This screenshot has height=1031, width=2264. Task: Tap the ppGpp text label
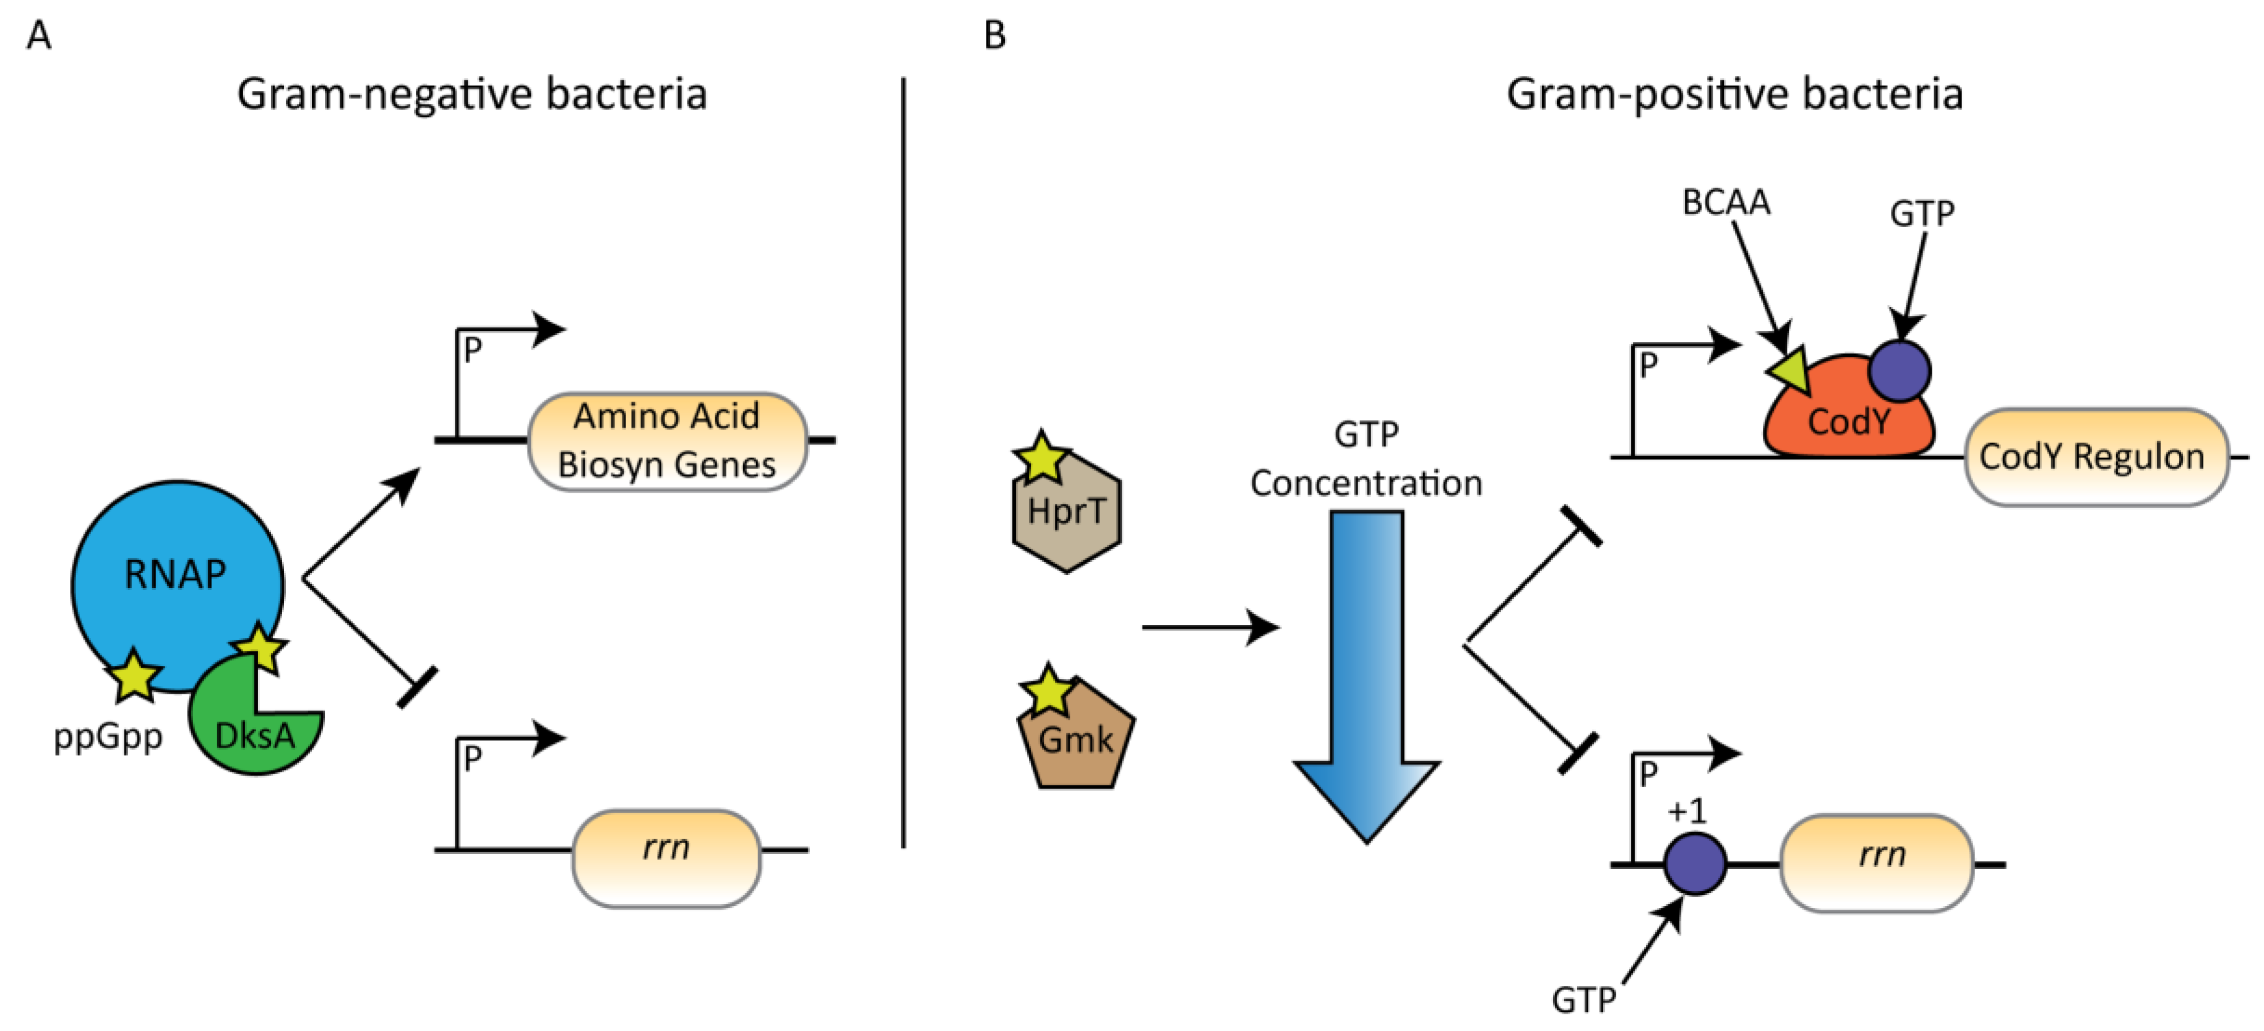pos(107,736)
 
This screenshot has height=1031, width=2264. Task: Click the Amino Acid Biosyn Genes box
pos(666,441)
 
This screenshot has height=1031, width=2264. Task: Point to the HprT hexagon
pos(1066,519)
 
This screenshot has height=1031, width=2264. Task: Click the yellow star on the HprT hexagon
pos(1041,457)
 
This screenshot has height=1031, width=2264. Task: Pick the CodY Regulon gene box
pos(2095,457)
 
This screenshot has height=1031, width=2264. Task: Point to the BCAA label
pos(1725,202)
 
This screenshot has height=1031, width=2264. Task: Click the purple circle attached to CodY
pos(1900,370)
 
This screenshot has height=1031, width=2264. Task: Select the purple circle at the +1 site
pos(1695,863)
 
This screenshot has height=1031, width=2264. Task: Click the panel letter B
pos(994,36)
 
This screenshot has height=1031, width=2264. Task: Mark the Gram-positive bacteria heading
pos(1734,94)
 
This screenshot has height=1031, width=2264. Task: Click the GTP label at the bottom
pos(1583,999)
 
